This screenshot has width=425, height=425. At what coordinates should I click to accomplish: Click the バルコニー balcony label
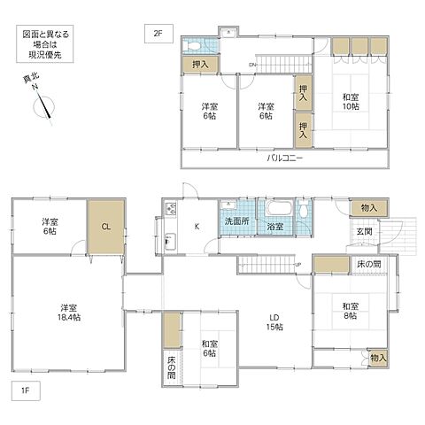coord(285,158)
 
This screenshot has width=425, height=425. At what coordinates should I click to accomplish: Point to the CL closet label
coord(105,227)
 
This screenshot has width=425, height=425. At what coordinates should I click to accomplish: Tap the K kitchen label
coord(197,227)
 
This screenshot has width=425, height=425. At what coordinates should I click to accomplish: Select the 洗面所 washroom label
coord(236,220)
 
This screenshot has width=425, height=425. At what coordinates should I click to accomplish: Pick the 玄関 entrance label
coord(365,231)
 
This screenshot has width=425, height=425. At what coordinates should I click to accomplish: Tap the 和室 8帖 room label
coord(344,311)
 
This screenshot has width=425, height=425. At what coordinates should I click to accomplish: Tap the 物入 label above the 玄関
coord(368,207)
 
